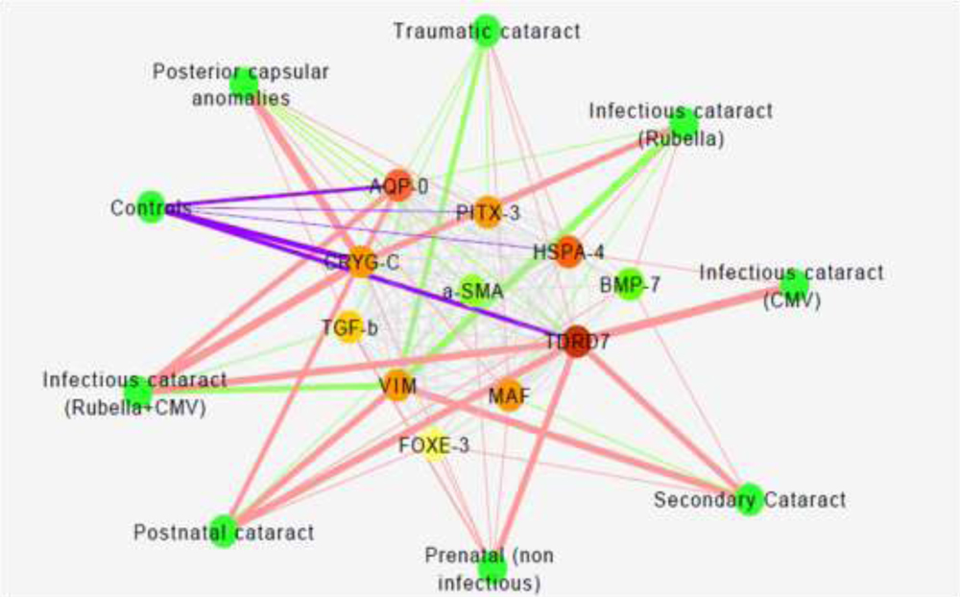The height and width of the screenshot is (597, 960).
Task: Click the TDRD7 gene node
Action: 575,343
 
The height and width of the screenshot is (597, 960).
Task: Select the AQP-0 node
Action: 399,186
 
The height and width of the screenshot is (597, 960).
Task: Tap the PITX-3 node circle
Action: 488,213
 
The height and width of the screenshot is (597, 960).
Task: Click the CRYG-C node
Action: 360,262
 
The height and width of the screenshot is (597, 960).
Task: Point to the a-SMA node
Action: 472,290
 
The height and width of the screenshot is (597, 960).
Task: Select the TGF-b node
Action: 349,329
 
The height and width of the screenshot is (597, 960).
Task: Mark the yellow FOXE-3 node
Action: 435,444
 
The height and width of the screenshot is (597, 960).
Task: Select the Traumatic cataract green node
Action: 487,30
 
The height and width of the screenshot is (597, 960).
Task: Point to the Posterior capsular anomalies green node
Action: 244,84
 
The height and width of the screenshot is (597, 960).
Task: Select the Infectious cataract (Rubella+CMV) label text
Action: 134,394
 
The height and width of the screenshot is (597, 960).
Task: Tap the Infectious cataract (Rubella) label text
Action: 681,125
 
